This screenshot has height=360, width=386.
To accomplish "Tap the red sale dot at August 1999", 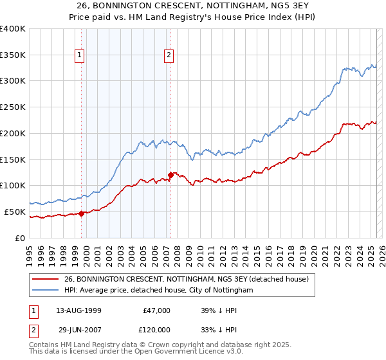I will pos(82,213).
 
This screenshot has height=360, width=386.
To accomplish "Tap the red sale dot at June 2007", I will pos(170,175).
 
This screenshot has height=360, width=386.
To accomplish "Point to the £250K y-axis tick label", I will pos(13,107).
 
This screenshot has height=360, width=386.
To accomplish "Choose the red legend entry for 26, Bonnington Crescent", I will pos(187,279).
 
